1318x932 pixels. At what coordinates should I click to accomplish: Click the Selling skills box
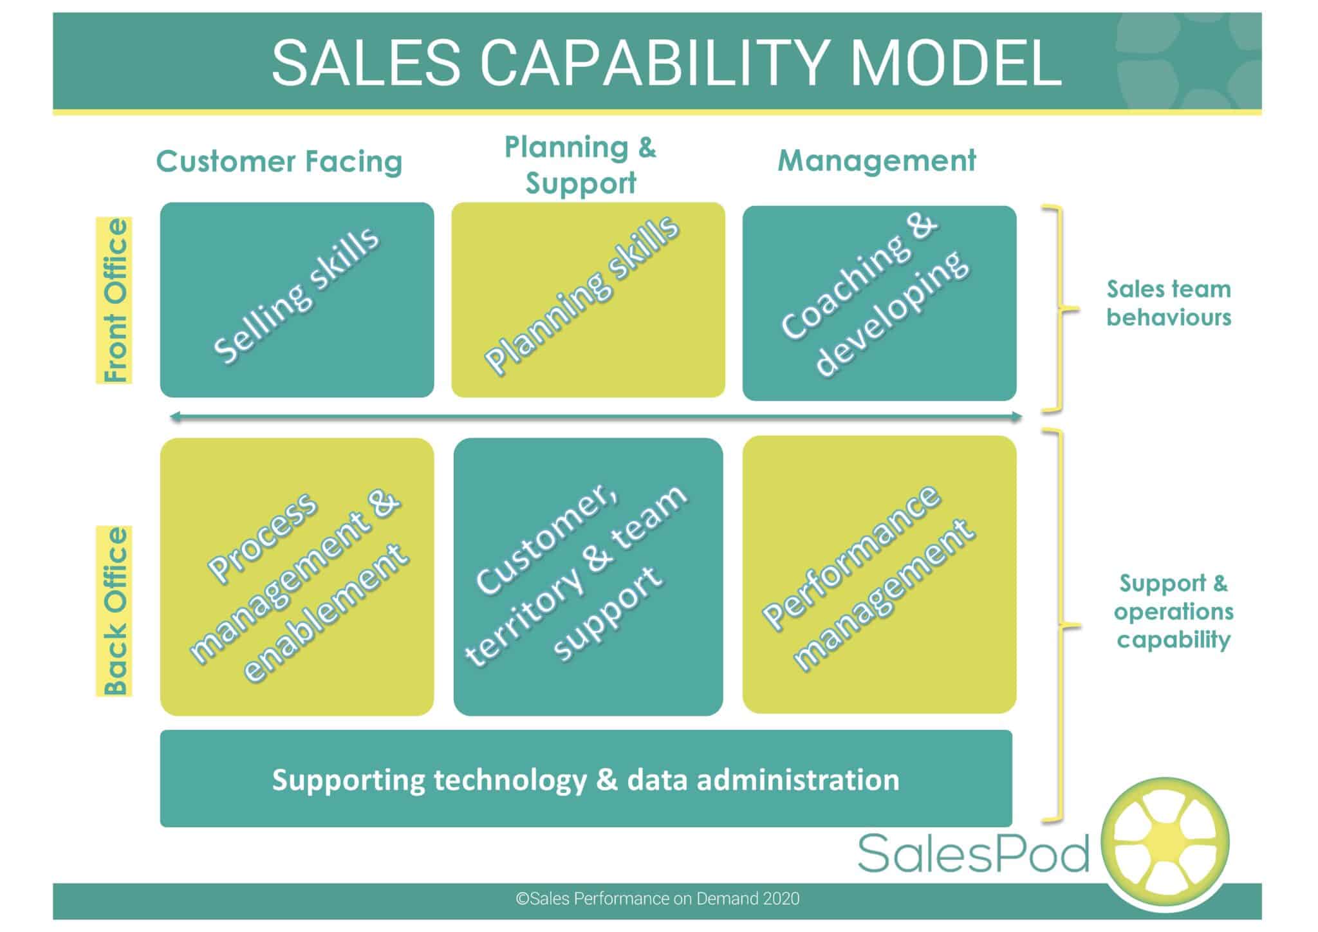click(x=297, y=300)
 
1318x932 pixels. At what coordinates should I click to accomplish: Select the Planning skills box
click(x=588, y=300)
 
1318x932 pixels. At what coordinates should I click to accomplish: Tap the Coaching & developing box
click(x=879, y=303)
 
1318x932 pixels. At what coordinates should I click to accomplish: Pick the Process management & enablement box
click(x=297, y=577)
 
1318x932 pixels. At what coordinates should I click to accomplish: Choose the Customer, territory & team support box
click(x=588, y=577)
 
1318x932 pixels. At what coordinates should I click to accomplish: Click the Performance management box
click(x=879, y=574)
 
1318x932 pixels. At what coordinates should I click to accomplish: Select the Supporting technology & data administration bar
click(x=586, y=779)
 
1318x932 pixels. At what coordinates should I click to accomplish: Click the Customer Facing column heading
click(x=279, y=161)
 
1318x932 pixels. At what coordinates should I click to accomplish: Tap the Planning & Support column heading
click(x=580, y=165)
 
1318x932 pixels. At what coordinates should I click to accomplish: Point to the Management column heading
click(x=877, y=160)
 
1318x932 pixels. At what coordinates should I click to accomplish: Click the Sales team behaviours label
click(x=1169, y=303)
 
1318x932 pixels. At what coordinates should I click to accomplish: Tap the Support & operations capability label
click(x=1173, y=611)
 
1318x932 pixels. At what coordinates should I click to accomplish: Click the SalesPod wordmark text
click(x=973, y=853)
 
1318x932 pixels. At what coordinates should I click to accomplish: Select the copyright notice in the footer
click(x=657, y=899)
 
